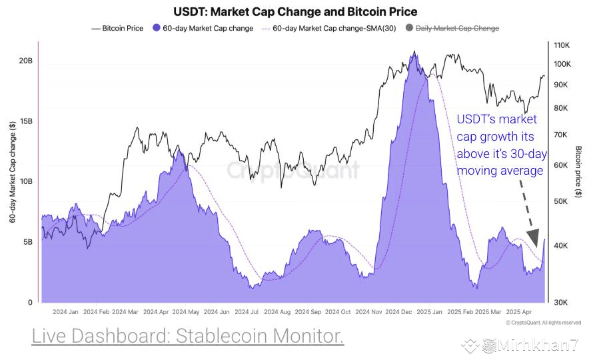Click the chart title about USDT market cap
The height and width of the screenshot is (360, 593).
pos(296,12)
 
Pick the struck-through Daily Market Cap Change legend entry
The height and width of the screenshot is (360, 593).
pos(456,28)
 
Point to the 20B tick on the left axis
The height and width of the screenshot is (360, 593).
pos(25,61)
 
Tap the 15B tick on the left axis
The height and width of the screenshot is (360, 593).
pos(25,121)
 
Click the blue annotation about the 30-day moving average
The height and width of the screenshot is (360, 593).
pos(500,145)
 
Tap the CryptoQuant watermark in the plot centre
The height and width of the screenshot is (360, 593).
pos(293,169)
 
